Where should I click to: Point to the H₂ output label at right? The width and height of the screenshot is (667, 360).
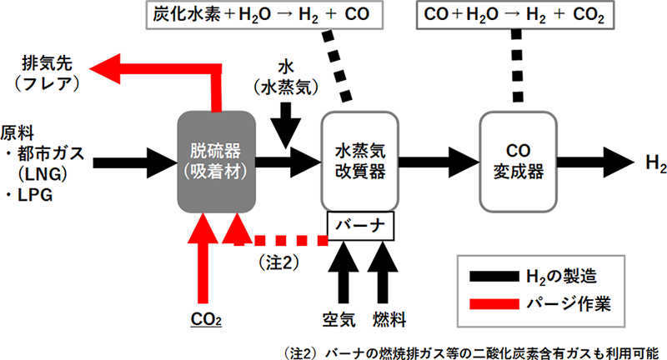655,161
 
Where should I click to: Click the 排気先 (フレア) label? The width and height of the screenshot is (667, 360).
48,72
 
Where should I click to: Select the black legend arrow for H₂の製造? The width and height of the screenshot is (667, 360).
494,272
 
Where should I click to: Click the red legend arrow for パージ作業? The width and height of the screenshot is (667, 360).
494,304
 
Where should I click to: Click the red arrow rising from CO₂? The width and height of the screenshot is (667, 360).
201,258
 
